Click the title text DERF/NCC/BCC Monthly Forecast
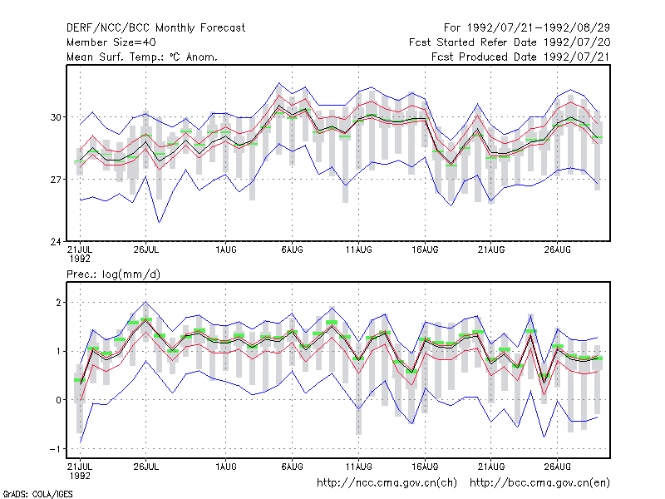pos(155,28)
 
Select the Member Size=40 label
pos(111,42)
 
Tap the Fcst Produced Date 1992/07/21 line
pos(521,57)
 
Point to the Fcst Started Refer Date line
pos(510,42)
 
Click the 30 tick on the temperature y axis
pos(56,117)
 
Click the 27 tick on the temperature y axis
pos(56,180)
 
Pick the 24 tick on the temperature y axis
pos(56,242)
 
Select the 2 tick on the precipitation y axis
pos(58,303)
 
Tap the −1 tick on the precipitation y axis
pos(55,449)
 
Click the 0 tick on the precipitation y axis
pos(58,400)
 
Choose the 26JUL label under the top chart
pos(146,249)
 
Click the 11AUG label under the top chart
pos(359,249)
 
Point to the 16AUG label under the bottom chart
pos(425,467)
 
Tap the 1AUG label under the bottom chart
pos(225,467)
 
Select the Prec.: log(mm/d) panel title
pos(113,274)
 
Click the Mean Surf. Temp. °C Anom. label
pos(142,57)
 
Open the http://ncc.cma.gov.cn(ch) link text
pos(387,483)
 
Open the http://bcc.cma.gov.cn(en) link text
pos(539,483)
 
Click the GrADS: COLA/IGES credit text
pos(37,494)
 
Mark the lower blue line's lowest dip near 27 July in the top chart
pos(159,222)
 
